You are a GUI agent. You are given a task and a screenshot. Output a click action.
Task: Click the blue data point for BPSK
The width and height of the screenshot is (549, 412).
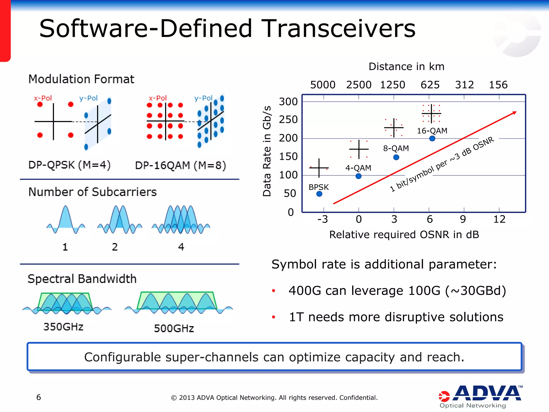point(319,194)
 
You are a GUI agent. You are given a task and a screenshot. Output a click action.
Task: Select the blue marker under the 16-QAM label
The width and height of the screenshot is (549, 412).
point(432,138)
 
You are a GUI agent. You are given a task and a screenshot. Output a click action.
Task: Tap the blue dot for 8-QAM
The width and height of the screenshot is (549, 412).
point(396,157)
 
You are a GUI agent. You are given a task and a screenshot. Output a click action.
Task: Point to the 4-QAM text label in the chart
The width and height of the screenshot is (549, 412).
point(358,168)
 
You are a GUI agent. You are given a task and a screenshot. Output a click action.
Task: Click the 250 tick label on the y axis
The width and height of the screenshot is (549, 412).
point(288,120)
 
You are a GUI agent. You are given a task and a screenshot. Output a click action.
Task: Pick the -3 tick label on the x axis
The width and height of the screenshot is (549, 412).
point(322,219)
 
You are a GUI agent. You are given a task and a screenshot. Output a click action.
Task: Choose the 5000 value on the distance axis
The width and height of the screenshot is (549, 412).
point(323,85)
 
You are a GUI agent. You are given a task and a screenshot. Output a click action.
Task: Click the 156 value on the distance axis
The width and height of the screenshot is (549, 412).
point(498,85)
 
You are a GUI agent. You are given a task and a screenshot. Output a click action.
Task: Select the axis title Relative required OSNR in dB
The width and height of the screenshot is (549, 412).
point(404,235)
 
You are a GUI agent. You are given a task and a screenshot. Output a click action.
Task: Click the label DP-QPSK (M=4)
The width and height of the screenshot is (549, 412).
point(69,165)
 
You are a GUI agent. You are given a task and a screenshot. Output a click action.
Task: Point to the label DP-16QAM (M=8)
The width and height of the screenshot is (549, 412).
point(180,165)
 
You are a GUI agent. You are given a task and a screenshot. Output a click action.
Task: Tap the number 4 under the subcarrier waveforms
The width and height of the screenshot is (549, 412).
point(181,247)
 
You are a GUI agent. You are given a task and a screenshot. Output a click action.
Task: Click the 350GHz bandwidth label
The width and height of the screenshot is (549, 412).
point(64,327)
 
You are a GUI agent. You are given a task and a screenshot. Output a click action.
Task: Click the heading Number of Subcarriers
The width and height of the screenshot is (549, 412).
point(92,192)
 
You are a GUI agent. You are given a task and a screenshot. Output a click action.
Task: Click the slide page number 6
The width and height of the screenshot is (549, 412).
point(39,397)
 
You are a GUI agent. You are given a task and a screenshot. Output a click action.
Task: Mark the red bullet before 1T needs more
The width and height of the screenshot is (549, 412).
point(273,317)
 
